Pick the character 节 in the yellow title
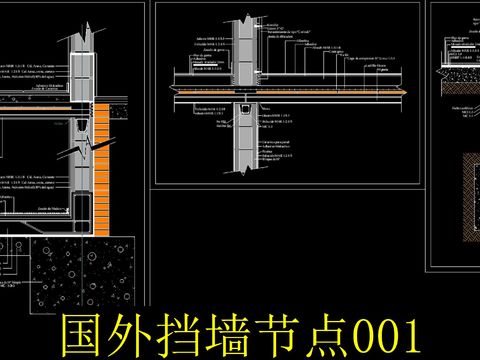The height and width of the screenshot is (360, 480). [x=288, y=333]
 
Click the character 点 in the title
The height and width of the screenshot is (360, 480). [x=338, y=333]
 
